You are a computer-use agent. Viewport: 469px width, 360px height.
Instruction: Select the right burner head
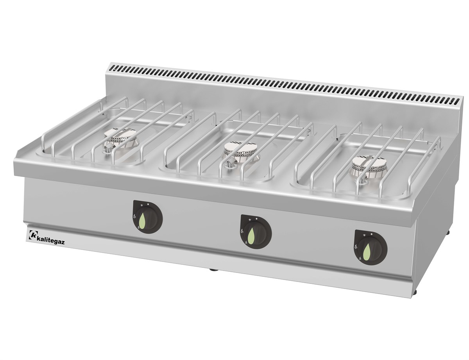367,164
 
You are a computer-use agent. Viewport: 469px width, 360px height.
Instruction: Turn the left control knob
147,217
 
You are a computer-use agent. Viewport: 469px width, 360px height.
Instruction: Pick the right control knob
370,248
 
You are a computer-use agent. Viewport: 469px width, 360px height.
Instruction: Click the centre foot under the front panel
213,269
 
